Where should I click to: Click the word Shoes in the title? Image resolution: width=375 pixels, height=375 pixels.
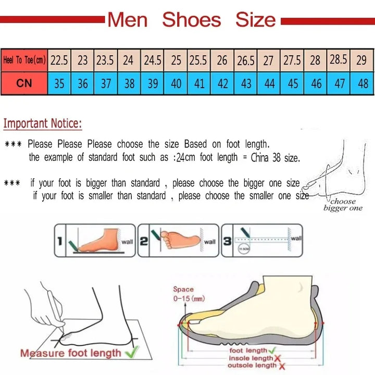(x=191, y=20)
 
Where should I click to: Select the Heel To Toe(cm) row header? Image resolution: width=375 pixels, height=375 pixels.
(x=24, y=60)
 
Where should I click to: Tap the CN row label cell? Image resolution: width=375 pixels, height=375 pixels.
(x=24, y=83)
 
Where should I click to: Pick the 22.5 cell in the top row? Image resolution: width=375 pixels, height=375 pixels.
(x=59, y=60)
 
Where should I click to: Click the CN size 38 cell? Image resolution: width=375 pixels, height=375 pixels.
(x=129, y=83)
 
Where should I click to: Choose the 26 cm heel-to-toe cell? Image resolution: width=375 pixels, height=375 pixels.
(x=222, y=60)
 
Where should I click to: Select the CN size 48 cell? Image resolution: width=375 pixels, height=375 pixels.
(x=362, y=83)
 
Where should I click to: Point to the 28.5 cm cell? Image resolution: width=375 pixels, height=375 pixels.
(x=339, y=60)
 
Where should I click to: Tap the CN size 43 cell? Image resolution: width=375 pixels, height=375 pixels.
(x=246, y=83)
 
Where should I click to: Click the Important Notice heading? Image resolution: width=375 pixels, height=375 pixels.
(x=43, y=124)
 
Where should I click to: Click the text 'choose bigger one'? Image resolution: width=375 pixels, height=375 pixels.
(x=343, y=205)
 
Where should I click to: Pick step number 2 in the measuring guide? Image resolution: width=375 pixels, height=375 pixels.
(x=144, y=241)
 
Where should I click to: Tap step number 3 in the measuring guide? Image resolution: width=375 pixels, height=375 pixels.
(x=227, y=241)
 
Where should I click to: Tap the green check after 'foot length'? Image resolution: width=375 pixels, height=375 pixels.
(x=272, y=351)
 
